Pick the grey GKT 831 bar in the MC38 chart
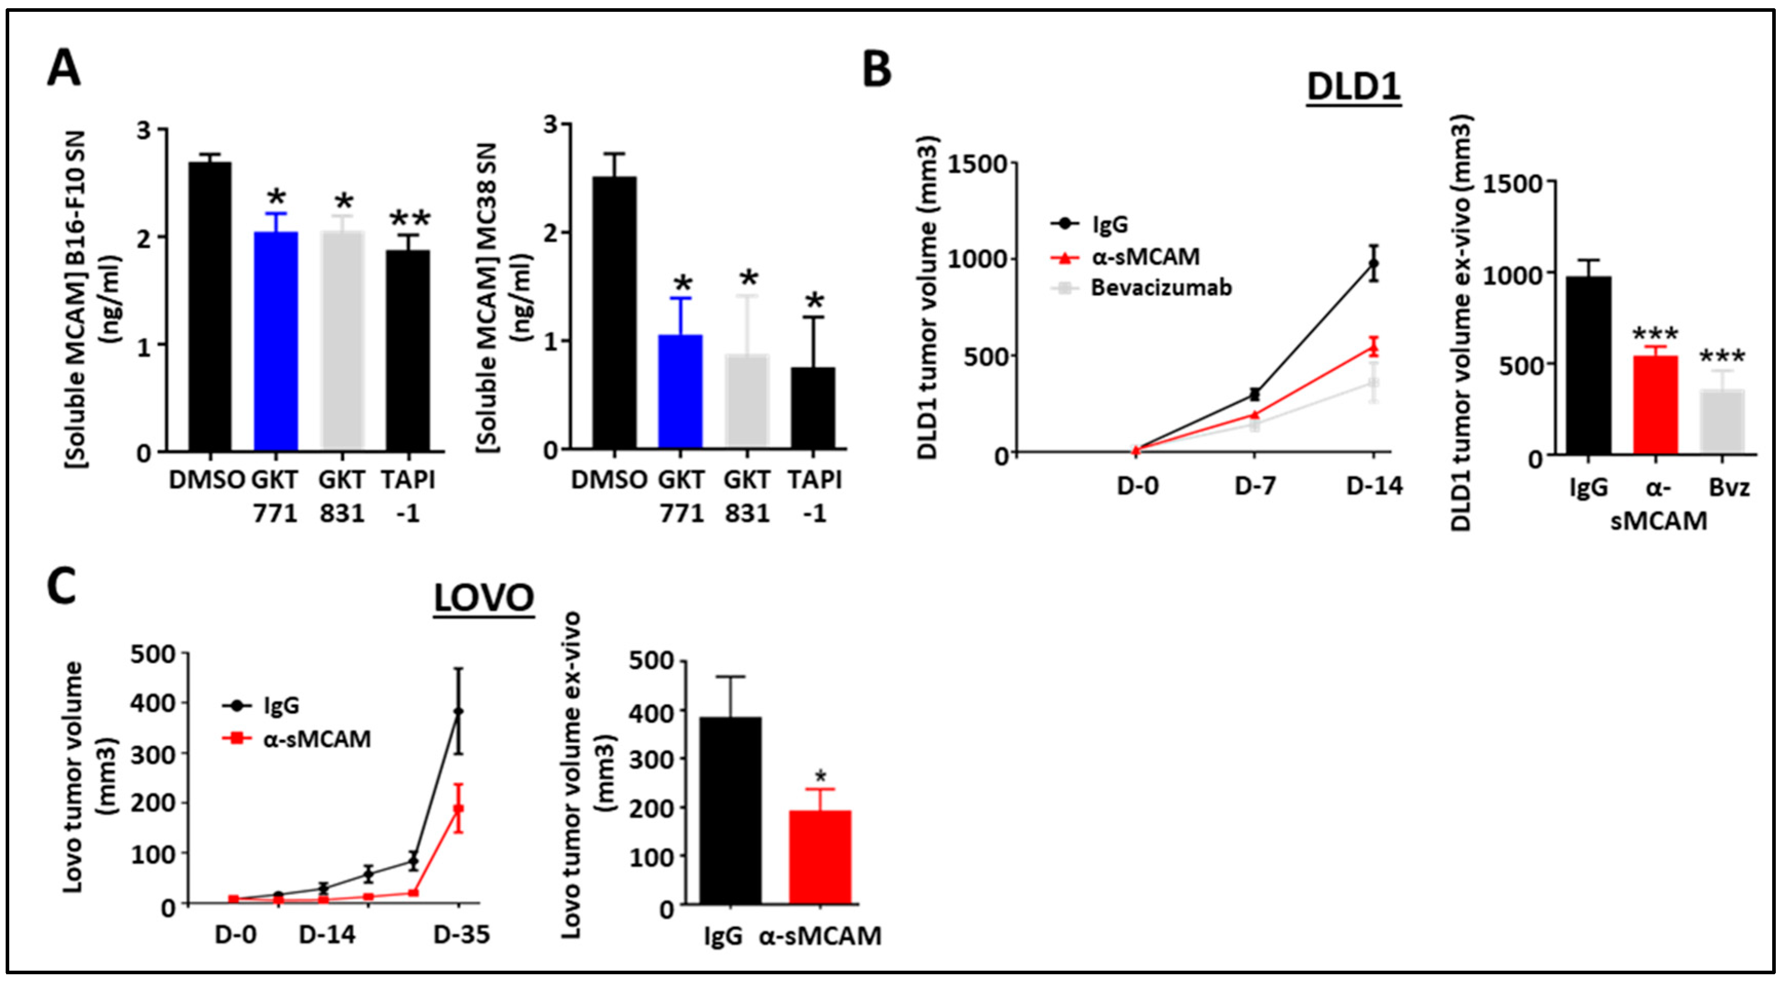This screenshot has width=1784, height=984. (x=747, y=401)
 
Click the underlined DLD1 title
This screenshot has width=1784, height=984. (x=1353, y=87)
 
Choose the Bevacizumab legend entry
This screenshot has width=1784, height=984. (x=1161, y=287)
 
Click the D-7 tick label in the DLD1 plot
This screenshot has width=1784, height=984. (x=1255, y=486)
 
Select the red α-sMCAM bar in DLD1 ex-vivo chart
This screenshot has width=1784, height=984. (x=1655, y=405)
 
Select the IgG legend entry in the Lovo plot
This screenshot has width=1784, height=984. (x=280, y=705)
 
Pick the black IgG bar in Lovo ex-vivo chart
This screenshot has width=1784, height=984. (x=731, y=810)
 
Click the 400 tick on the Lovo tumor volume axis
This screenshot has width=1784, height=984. (x=152, y=703)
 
